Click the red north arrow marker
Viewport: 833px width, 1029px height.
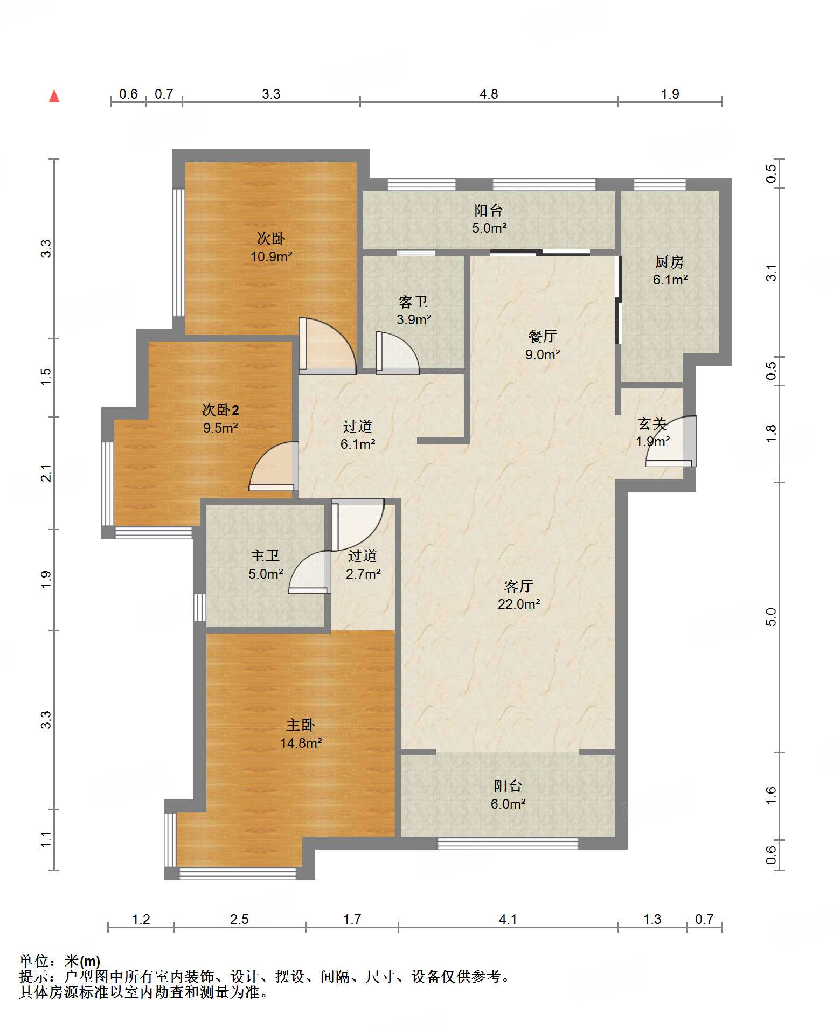tap(54, 96)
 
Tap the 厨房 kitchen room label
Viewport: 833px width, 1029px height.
tap(669, 262)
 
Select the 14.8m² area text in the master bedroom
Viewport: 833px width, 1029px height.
tap(301, 743)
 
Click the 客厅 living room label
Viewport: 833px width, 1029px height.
tap(518, 586)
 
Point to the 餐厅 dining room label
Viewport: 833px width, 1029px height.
tap(542, 337)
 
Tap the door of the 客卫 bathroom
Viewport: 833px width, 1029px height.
tap(397, 353)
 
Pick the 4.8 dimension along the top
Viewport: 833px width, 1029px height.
tap(489, 94)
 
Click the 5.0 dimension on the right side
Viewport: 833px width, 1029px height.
tap(772, 617)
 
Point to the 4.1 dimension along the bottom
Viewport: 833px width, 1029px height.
tap(508, 920)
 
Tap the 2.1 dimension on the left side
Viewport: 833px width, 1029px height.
tap(46, 473)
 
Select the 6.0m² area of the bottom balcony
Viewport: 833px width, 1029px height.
tap(508, 804)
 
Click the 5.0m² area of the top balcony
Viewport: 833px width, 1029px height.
tap(489, 228)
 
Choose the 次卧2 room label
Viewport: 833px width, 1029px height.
tap(220, 410)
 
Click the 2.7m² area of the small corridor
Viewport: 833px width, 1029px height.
tap(363, 574)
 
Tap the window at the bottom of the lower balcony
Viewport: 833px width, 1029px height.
tap(508, 843)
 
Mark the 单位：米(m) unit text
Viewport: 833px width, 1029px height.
tap(60, 961)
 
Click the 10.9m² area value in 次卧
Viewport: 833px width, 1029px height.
tap(271, 257)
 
